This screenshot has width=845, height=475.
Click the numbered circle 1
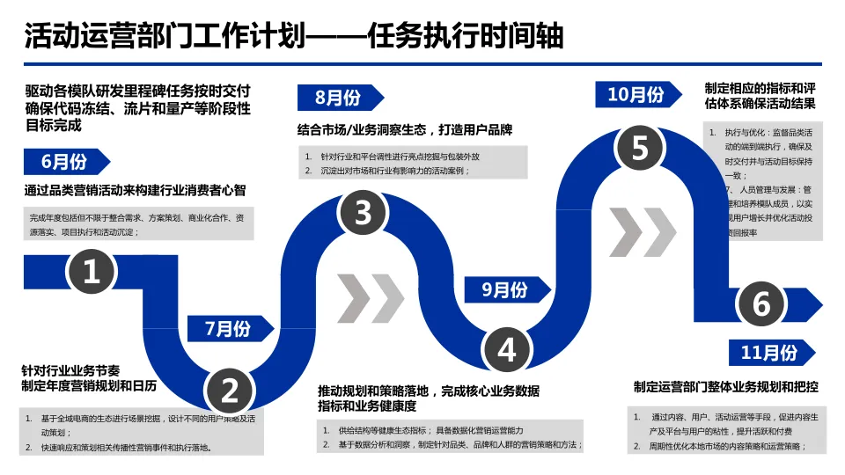(91, 272)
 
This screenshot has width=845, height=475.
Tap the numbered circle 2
(230, 390)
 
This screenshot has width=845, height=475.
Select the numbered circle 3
(364, 212)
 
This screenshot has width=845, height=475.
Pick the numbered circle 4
(507, 348)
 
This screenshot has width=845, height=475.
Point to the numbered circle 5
(640, 148)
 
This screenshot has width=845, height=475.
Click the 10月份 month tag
(636, 94)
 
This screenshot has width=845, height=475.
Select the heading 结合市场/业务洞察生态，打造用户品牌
(405, 129)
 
